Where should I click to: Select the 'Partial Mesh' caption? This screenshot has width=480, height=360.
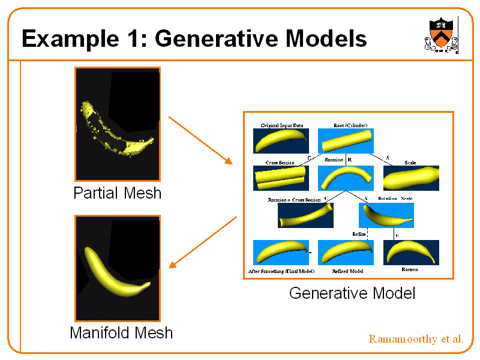point(117,193)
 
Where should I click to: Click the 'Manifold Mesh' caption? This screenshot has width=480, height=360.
point(121,332)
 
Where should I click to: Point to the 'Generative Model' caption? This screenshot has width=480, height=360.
point(352,293)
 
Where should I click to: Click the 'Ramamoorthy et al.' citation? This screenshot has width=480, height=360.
point(416,339)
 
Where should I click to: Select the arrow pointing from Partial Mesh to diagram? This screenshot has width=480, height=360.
point(200,140)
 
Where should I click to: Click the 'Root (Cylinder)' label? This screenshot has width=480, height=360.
point(350,125)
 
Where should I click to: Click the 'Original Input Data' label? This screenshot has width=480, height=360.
point(281,125)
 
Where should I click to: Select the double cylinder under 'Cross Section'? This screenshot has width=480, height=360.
point(281,178)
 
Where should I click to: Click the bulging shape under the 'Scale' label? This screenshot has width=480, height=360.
point(411,178)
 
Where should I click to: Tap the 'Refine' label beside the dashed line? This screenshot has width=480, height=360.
point(359,233)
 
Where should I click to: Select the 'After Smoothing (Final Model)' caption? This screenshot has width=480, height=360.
point(281,271)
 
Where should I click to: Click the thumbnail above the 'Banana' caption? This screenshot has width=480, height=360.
point(411,252)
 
